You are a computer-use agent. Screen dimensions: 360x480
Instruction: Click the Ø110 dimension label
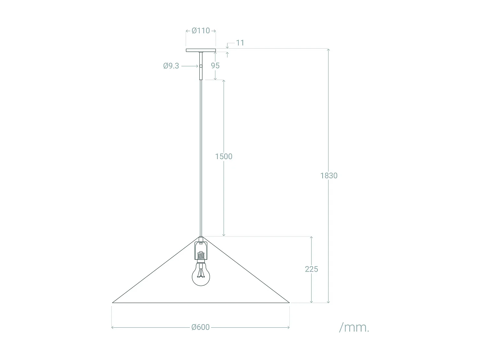click(x=201, y=31)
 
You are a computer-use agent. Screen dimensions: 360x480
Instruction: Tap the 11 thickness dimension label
click(x=240, y=43)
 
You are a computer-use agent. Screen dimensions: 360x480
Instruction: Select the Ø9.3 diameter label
click(x=171, y=66)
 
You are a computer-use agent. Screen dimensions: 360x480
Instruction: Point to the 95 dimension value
click(x=215, y=66)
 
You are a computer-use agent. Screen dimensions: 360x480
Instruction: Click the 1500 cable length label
click(x=224, y=156)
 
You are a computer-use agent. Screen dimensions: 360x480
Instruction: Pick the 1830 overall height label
click(x=329, y=175)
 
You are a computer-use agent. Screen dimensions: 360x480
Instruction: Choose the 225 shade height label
click(x=311, y=269)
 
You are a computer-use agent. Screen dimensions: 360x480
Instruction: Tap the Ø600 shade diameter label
click(x=201, y=327)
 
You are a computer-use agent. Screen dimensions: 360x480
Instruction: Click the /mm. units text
click(x=354, y=327)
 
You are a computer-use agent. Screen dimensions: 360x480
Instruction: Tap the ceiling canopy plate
click(x=201, y=50)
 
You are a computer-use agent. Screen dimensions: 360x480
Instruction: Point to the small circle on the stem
click(x=201, y=66)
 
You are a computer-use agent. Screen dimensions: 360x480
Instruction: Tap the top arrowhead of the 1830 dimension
click(x=328, y=50)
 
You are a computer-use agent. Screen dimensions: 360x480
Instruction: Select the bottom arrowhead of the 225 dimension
click(x=311, y=301)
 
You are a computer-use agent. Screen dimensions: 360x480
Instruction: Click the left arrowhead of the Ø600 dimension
click(x=112, y=327)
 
